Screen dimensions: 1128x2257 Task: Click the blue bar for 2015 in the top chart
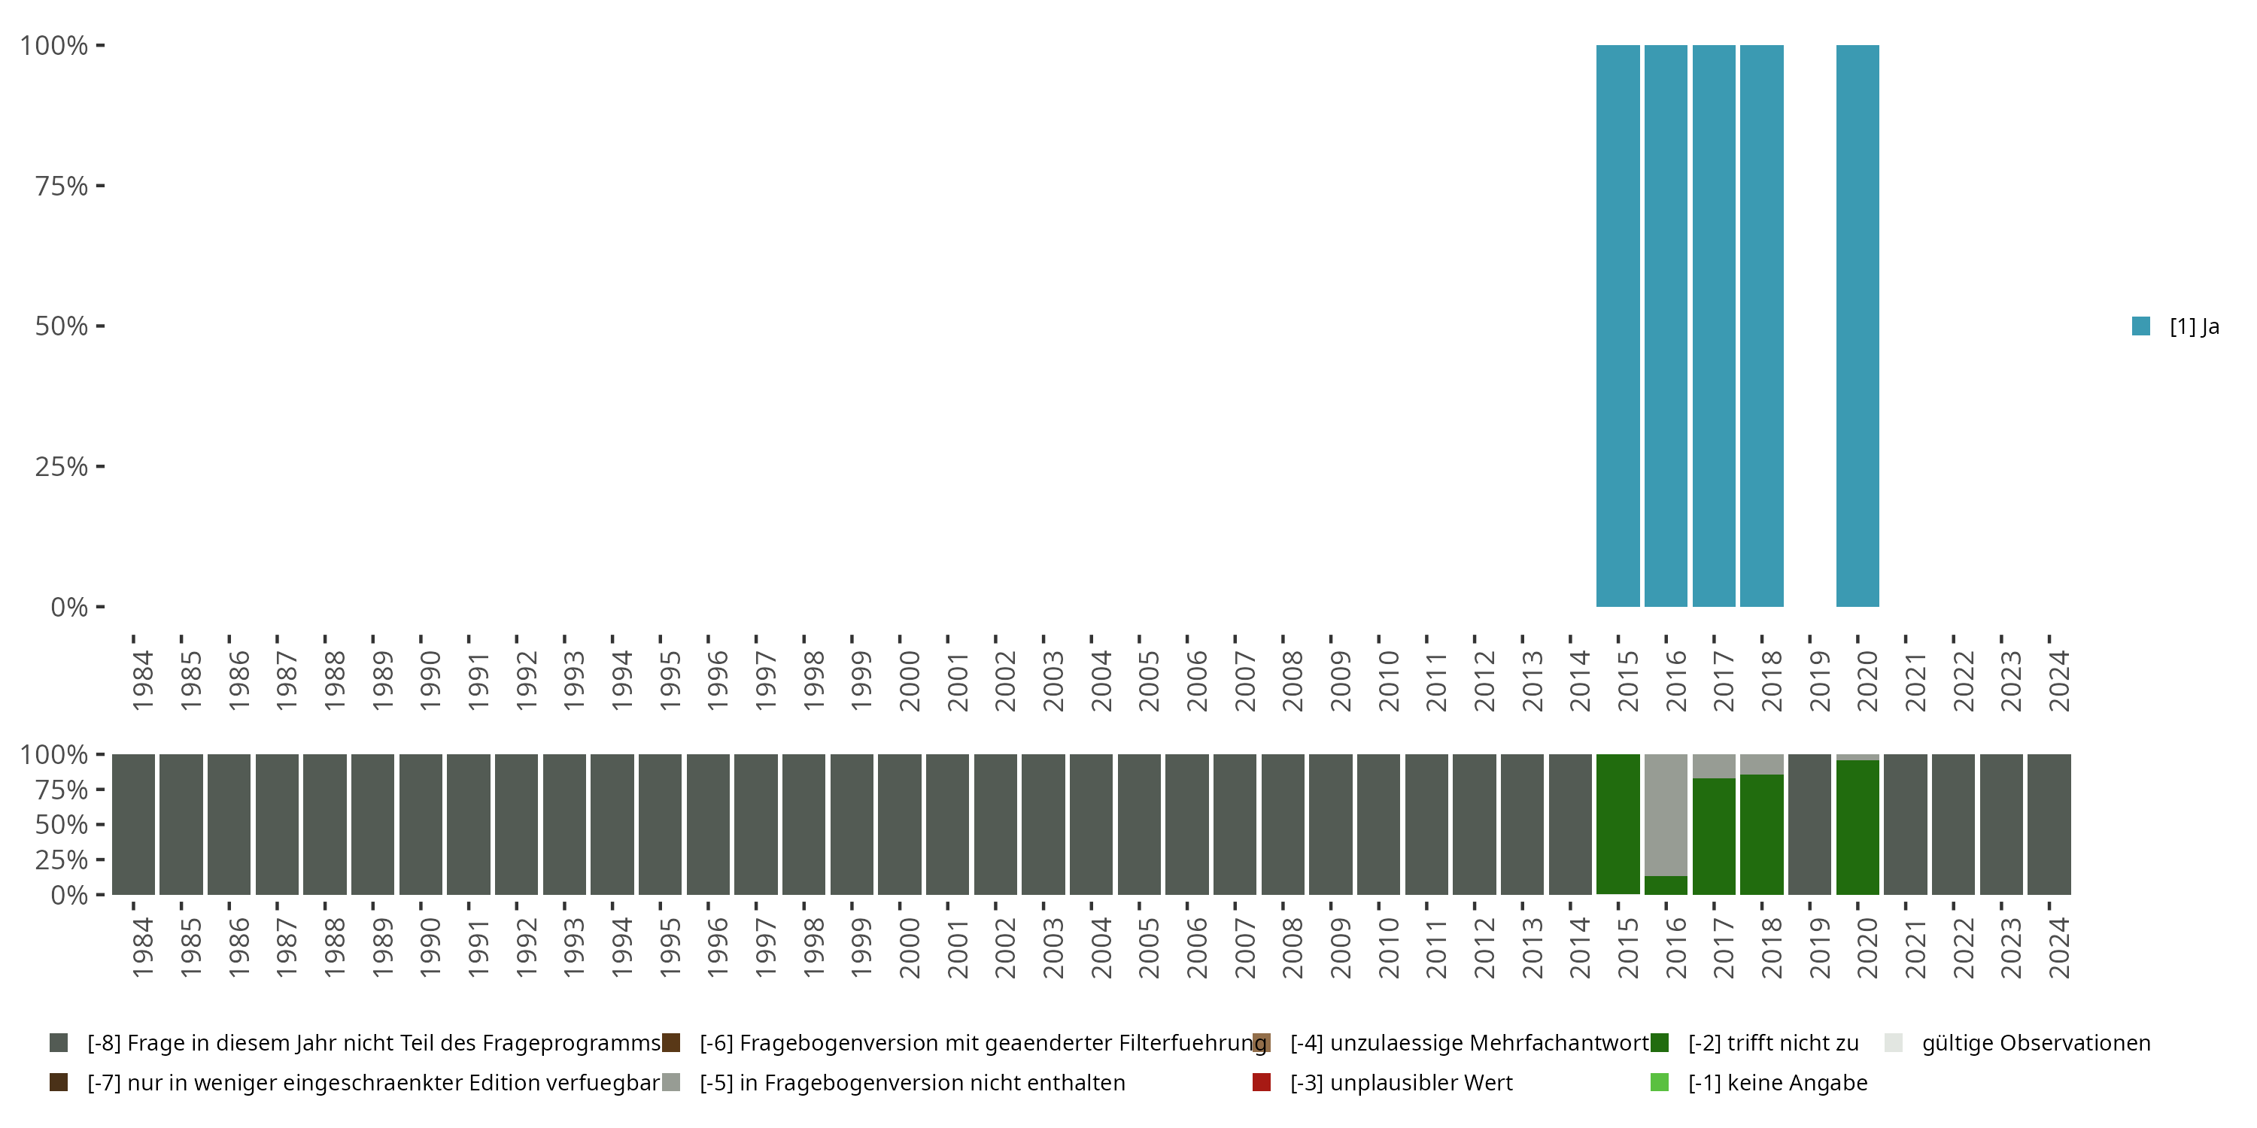click(x=1618, y=326)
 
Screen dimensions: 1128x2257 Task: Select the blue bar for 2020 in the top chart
click(x=1858, y=326)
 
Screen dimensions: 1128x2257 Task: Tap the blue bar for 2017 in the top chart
click(x=1714, y=326)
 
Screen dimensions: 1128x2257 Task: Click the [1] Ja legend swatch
click(x=2141, y=326)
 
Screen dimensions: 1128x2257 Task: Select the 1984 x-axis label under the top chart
click(x=142, y=681)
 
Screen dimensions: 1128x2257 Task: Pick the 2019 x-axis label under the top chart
click(x=1819, y=681)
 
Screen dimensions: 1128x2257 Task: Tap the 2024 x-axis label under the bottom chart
click(x=2058, y=948)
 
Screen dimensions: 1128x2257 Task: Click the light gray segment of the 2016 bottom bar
click(x=1666, y=814)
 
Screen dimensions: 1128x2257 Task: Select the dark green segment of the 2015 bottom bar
click(x=1618, y=823)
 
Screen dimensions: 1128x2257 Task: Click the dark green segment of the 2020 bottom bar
click(x=1858, y=828)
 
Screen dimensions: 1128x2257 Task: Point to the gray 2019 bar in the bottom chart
click(x=1809, y=823)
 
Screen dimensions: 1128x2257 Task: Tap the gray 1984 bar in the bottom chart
click(x=133, y=823)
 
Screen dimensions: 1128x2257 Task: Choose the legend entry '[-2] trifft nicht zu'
click(x=1772, y=1043)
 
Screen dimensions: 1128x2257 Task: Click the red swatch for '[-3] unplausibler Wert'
click(x=1262, y=1082)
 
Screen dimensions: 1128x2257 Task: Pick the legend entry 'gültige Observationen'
click(x=2035, y=1043)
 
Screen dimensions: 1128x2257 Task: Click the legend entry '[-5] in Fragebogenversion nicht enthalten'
click(x=911, y=1082)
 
